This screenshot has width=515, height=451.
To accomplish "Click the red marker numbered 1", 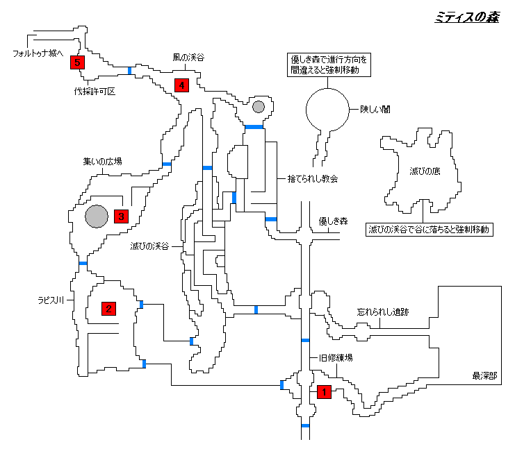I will click(x=322, y=392).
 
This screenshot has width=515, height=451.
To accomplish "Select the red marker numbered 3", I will click(x=121, y=216).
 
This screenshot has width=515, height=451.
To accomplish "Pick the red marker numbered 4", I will click(x=181, y=85).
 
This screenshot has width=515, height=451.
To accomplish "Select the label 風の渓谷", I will click(x=189, y=58).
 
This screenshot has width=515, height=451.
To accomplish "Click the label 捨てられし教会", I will click(x=313, y=178).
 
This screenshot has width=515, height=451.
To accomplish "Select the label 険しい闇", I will click(x=375, y=108).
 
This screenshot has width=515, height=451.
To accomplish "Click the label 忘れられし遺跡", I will click(x=382, y=312).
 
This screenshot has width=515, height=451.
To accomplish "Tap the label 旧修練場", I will click(x=336, y=358).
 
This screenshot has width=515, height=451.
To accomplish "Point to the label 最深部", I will click(x=484, y=376).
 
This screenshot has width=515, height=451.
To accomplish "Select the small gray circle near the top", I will click(x=259, y=106).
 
